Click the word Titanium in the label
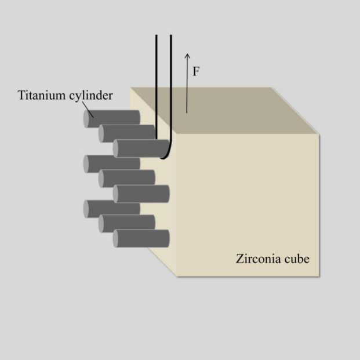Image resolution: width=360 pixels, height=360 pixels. pyautogui.click(x=39, y=95)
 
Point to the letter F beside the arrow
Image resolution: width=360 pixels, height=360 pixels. pyautogui.click(x=197, y=71)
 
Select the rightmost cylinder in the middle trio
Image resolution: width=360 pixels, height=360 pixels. pyautogui.click(x=142, y=194)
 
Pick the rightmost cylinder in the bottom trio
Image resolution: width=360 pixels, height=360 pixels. pyautogui.click(x=142, y=238)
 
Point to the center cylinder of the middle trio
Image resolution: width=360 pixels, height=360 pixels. pyautogui.click(x=128, y=178)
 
